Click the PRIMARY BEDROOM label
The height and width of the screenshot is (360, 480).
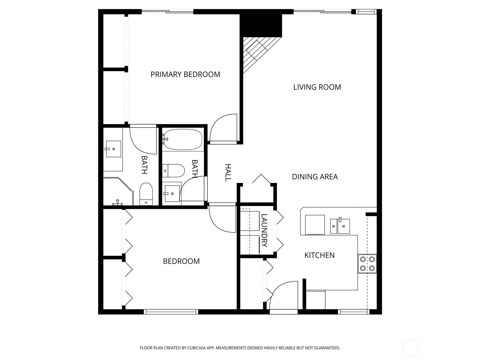click(185, 74)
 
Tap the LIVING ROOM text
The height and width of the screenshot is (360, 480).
click(317, 87)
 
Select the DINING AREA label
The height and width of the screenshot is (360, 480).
click(315, 177)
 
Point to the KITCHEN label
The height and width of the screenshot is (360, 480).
click(319, 255)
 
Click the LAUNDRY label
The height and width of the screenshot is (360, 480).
click(264, 230)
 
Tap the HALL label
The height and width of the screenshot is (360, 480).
click(228, 172)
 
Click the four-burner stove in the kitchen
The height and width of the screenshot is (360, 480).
click(367, 264)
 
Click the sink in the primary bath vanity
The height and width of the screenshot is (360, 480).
click(113, 149)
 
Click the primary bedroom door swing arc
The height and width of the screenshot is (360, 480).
click(223, 127)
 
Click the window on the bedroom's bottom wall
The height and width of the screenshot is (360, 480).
click(171, 312)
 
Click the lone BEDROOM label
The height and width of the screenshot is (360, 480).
click(181, 261)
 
